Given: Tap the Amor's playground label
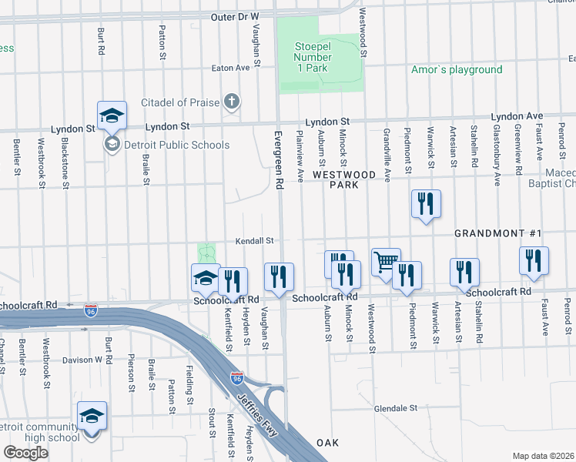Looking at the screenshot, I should click(x=457, y=70).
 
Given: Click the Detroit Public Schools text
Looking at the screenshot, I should click(x=177, y=145).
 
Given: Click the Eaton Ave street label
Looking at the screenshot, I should click(x=233, y=68).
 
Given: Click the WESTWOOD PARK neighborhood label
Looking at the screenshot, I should click(x=344, y=180).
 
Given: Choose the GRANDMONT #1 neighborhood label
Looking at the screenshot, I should click(x=498, y=233).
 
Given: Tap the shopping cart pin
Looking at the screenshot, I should click(x=386, y=262).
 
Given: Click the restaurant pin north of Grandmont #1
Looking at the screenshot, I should click(x=426, y=205).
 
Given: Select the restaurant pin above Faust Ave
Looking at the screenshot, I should click(x=533, y=262).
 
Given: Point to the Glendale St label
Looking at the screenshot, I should click(x=396, y=407).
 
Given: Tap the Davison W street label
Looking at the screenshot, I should click(x=82, y=360).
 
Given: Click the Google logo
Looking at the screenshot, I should click(x=25, y=453).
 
